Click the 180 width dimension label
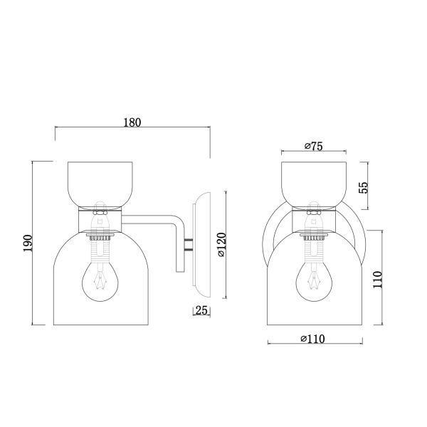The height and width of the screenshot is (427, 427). coord(132,122)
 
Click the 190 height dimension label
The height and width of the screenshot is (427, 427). coord(28,243)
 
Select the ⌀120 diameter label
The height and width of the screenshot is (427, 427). coord(221,245)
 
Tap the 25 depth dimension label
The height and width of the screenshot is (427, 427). coord(201,310)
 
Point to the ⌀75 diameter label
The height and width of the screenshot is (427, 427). coord(313,146)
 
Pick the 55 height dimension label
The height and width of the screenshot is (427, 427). coord(363,187)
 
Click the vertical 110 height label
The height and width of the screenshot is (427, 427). coord(377,280)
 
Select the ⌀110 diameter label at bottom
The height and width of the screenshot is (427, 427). coord(312,339)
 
